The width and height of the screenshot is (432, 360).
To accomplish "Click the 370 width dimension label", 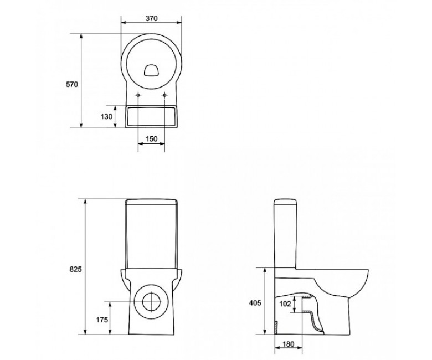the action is click(151, 18).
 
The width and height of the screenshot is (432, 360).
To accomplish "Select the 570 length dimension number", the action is click(72, 85).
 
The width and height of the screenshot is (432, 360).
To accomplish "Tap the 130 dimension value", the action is click(106, 117).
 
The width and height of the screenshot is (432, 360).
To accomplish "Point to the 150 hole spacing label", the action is click(152, 138).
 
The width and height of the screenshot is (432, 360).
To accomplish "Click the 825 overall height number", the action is click(75, 269).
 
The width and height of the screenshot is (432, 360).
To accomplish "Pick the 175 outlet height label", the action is click(102, 320).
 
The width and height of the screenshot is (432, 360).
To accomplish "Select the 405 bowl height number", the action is click(255, 303).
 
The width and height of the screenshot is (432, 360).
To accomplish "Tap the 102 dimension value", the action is click(285, 304).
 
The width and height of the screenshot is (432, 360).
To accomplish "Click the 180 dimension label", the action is click(289, 344).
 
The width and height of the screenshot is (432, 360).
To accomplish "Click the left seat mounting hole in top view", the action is click(138, 95).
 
